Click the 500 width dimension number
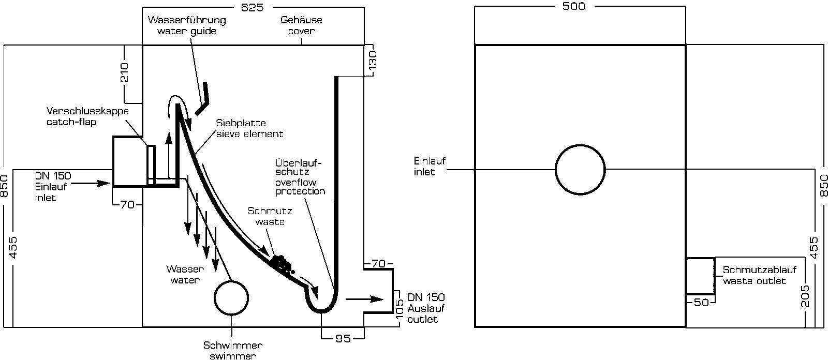(x=573, y=6)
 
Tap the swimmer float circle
(x=231, y=297)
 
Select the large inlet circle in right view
(x=580, y=169)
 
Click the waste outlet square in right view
(x=700, y=276)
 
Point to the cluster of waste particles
(x=282, y=263)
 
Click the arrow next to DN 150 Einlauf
(x=95, y=183)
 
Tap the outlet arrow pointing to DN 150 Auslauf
(x=364, y=298)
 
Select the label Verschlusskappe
(x=87, y=112)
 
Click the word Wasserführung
(x=187, y=20)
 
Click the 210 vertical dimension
(x=125, y=72)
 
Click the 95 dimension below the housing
(x=342, y=338)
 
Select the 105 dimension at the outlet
(x=399, y=309)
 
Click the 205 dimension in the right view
(x=805, y=296)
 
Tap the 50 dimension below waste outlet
(x=701, y=303)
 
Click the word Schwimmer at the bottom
(x=233, y=346)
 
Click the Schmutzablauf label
(x=759, y=270)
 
